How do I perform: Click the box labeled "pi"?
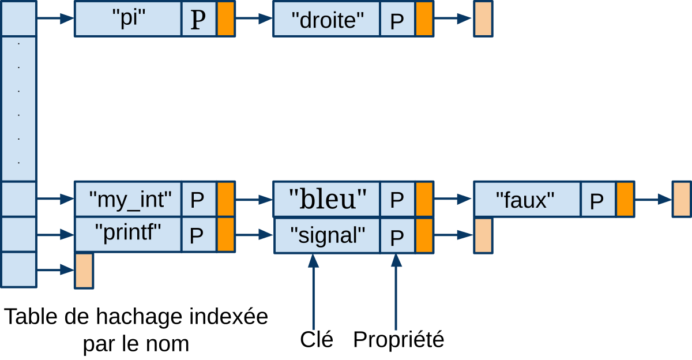(128, 19)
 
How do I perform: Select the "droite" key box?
(326, 19)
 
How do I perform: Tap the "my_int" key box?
(128, 199)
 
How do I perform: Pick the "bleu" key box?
(326, 199)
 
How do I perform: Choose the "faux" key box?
(526, 199)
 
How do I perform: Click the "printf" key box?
(128, 234)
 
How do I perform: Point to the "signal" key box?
(326, 235)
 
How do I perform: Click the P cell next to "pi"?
(199, 19)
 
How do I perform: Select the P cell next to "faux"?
(598, 199)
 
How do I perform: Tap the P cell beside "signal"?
(397, 235)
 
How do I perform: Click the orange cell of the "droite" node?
(424, 19)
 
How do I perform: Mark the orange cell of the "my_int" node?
(225, 199)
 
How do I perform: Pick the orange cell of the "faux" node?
(625, 199)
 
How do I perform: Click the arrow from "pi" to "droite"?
(254, 19)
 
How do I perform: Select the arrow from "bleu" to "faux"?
(453, 199)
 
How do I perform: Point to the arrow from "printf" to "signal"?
(254, 235)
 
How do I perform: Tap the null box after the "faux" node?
(681, 199)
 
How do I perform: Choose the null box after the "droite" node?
(483, 19)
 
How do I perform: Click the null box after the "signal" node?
(483, 235)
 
